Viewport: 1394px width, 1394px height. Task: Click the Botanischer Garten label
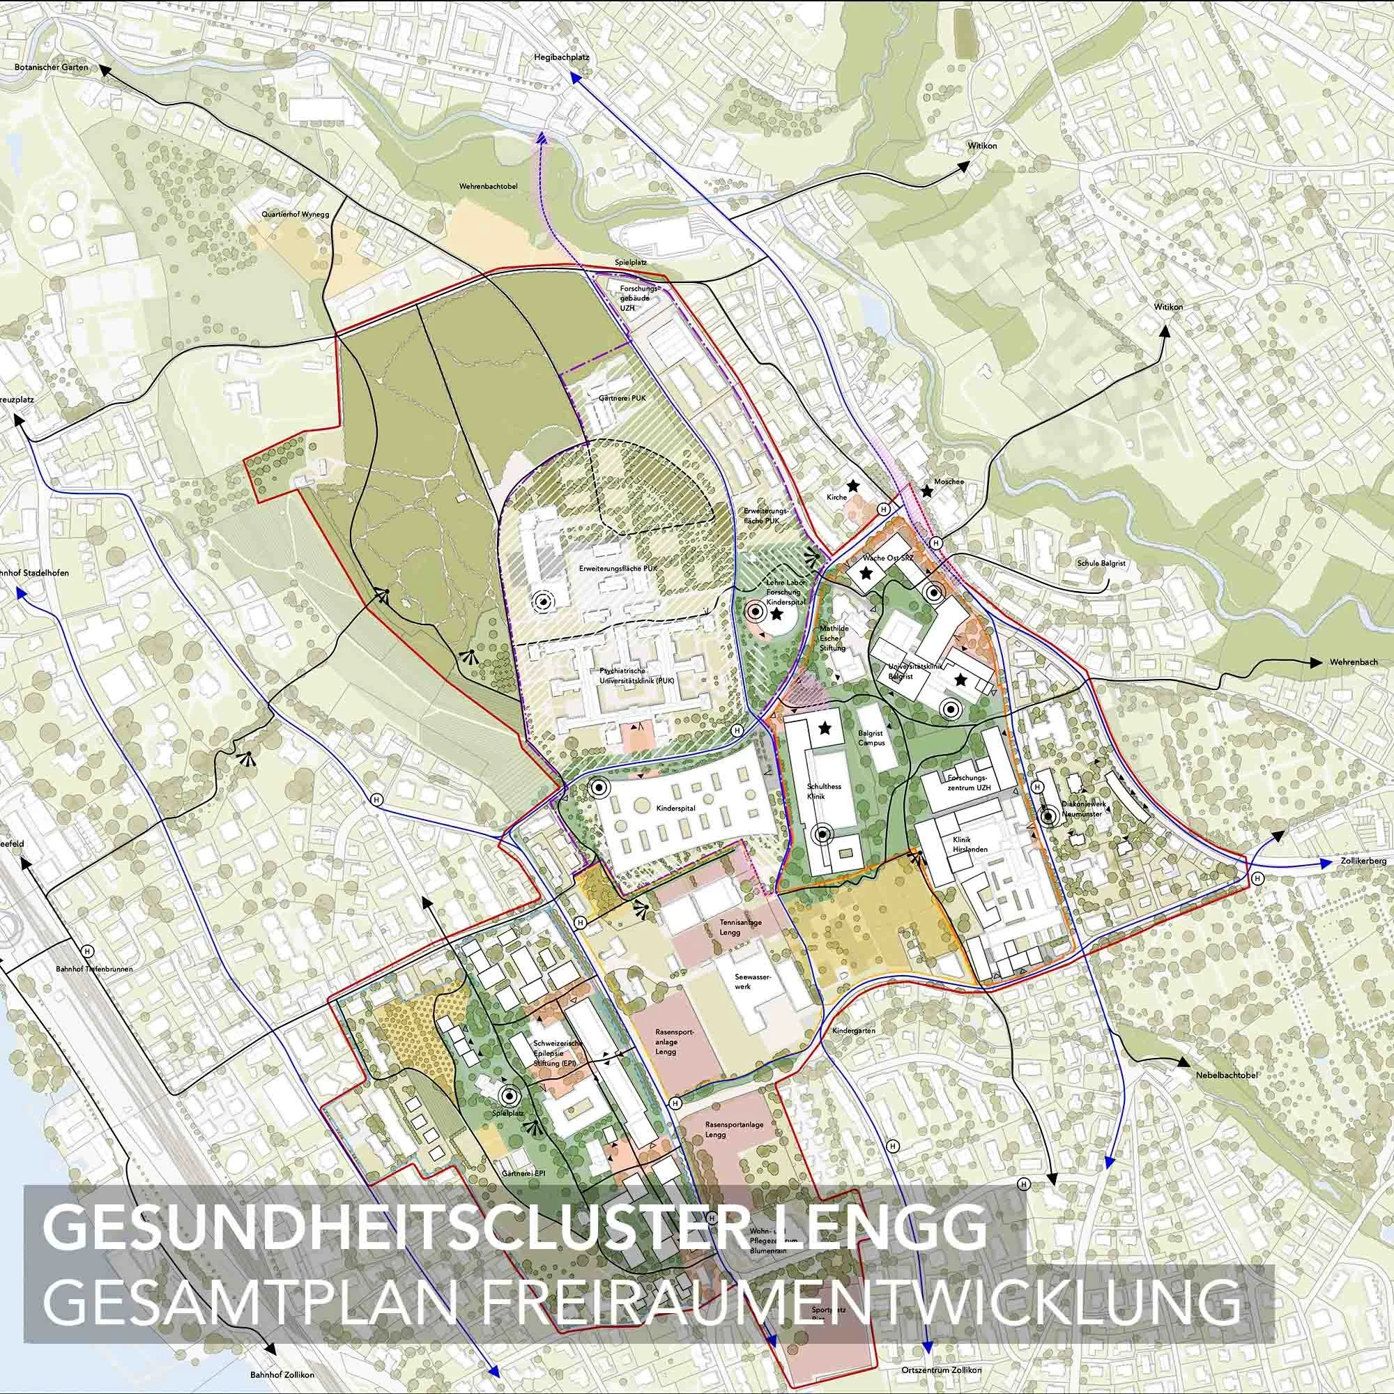[50, 67]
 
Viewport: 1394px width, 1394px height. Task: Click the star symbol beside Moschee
[926, 492]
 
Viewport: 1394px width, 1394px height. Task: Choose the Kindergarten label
[854, 1031]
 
